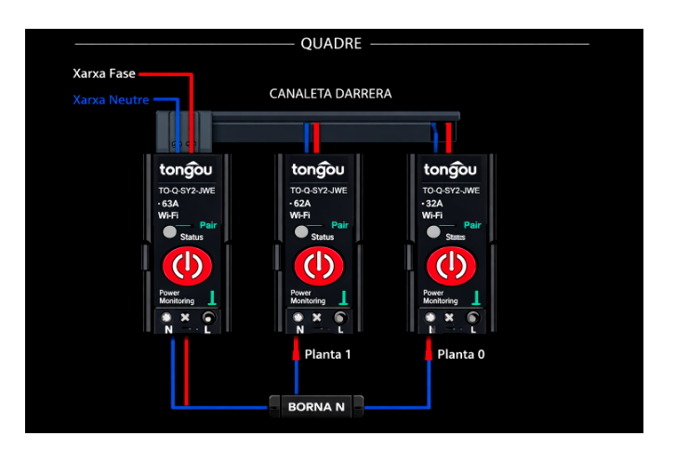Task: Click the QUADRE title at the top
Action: click(x=331, y=44)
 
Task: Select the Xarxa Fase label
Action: click(x=104, y=73)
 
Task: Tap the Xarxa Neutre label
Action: click(x=111, y=99)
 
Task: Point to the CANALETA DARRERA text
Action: click(x=330, y=94)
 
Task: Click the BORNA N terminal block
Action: click(x=316, y=406)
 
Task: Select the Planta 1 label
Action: click(x=328, y=354)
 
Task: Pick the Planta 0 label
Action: click(x=460, y=354)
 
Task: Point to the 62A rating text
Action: click(x=301, y=203)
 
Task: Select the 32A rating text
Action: click(x=433, y=203)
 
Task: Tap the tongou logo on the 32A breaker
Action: click(x=450, y=170)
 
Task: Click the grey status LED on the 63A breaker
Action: click(x=168, y=231)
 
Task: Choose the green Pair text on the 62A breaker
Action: click(x=340, y=225)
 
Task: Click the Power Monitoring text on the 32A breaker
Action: click(x=440, y=297)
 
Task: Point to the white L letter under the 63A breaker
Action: click(x=205, y=331)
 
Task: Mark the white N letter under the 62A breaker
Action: click(x=299, y=330)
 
